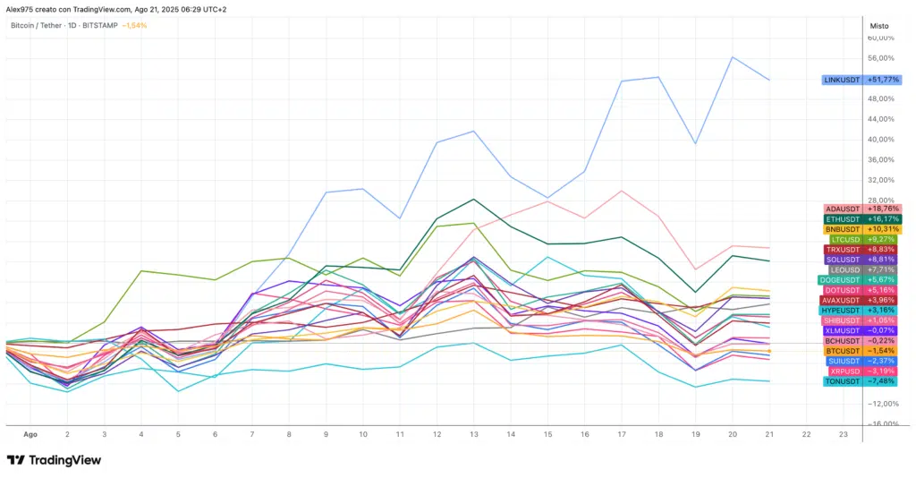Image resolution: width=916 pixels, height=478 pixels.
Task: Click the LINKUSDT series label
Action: coord(842,80)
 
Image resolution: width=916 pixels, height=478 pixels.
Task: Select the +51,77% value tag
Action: coord(883,80)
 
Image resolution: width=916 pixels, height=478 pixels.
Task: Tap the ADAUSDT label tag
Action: coord(844,209)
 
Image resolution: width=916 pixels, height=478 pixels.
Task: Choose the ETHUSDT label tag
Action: coord(844,218)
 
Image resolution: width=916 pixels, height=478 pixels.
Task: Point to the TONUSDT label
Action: coord(842,381)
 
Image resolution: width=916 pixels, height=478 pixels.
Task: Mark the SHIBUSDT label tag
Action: coord(842,320)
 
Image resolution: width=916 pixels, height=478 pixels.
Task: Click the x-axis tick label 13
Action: coord(473,433)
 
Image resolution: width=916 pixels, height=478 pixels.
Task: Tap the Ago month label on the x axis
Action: coord(30,433)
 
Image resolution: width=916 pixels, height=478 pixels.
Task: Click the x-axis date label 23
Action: coord(844,433)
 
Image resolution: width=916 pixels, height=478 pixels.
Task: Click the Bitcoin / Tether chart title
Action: coord(43,25)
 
